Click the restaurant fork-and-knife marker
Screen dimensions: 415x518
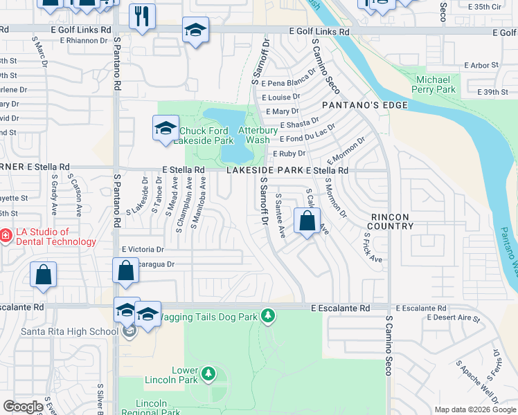142,16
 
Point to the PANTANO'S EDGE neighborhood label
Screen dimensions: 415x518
364,105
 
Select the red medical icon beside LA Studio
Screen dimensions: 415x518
5,236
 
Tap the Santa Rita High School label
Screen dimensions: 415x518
59,331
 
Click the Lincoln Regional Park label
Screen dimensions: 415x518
151,407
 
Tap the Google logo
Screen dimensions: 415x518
23,407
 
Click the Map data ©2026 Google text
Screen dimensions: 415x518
475,409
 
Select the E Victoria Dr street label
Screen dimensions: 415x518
143,249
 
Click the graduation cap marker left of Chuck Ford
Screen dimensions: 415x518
166,128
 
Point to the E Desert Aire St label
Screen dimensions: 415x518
454,317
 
